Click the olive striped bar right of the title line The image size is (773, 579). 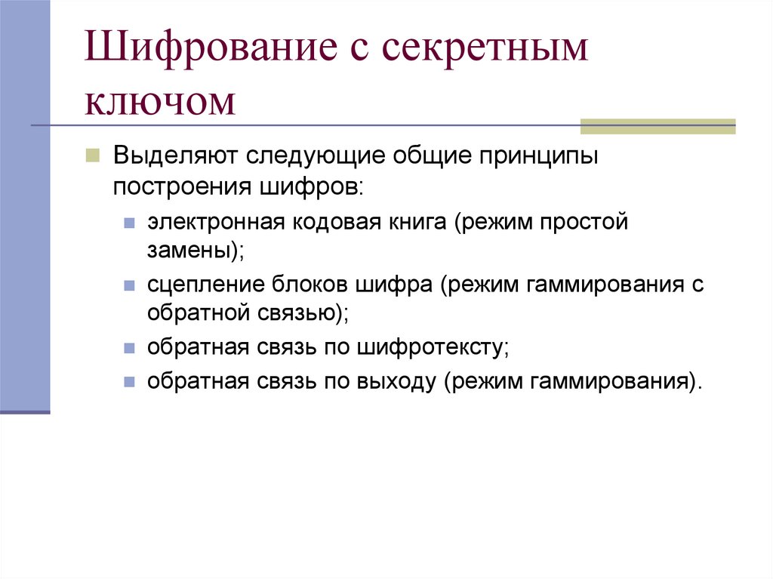[x=657, y=126]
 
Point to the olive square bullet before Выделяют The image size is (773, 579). [x=92, y=156]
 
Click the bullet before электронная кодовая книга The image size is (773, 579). [x=130, y=224]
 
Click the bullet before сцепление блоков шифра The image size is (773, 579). [x=130, y=287]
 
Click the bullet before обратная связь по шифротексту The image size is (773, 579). [x=130, y=350]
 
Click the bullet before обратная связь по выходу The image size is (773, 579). [x=130, y=381]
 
